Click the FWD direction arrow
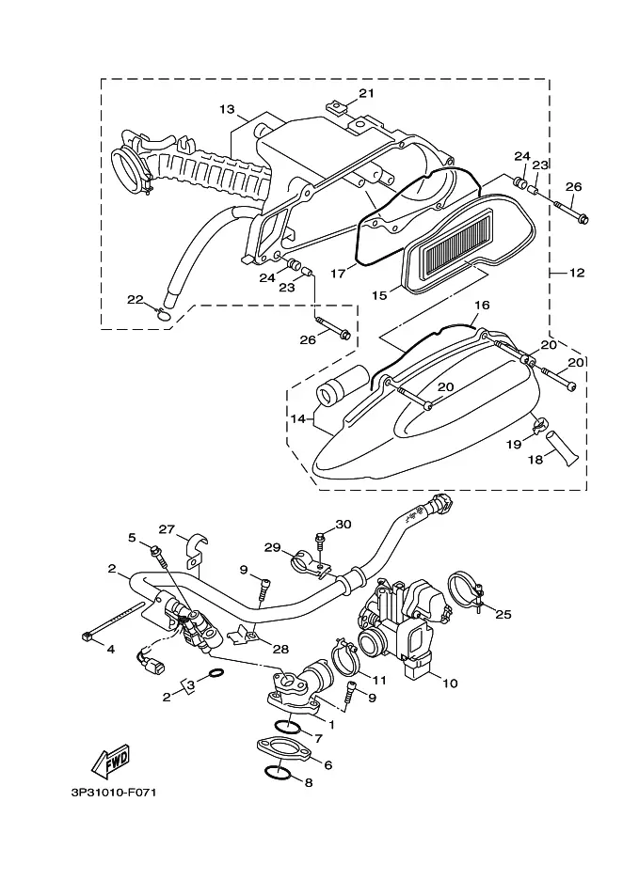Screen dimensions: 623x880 (x=111, y=761)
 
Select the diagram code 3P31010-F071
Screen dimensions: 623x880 (x=114, y=793)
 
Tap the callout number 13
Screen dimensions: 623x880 (x=227, y=109)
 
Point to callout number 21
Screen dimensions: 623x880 (x=366, y=93)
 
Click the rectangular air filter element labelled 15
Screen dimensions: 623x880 (x=458, y=244)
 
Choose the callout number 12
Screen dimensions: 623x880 (x=577, y=273)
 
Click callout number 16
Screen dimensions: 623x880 (x=482, y=306)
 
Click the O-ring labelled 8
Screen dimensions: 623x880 (x=277, y=773)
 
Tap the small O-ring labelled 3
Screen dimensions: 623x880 (x=216, y=673)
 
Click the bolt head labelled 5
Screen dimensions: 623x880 (x=155, y=550)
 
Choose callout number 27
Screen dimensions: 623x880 (x=167, y=528)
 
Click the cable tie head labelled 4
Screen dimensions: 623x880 (x=86, y=636)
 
